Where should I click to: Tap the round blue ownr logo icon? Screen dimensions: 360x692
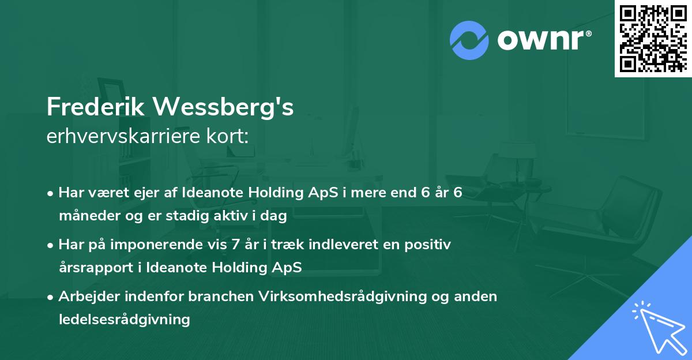470,40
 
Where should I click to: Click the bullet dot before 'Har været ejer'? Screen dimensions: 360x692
51,193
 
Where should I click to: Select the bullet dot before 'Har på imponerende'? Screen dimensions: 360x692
51,245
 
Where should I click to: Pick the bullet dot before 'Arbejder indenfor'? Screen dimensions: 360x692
51,297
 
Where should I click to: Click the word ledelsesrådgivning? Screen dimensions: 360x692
125,319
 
